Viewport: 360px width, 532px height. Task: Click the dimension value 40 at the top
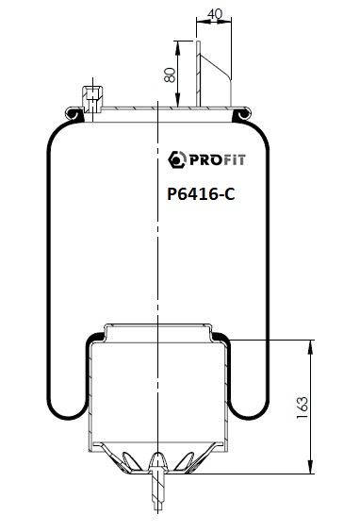pyautogui.click(x=215, y=14)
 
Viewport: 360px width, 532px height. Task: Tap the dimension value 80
pyautogui.click(x=170, y=75)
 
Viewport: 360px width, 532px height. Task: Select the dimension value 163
pyautogui.click(x=303, y=407)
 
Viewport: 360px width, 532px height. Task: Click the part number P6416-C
pyautogui.click(x=201, y=194)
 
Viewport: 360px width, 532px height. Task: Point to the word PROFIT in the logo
pyautogui.click(x=218, y=159)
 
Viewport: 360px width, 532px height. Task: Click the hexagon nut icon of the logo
pyautogui.click(x=177, y=159)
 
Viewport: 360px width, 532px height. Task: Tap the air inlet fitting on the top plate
pyautogui.click(x=92, y=99)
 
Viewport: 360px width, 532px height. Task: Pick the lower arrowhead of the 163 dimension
pyautogui.click(x=310, y=467)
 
